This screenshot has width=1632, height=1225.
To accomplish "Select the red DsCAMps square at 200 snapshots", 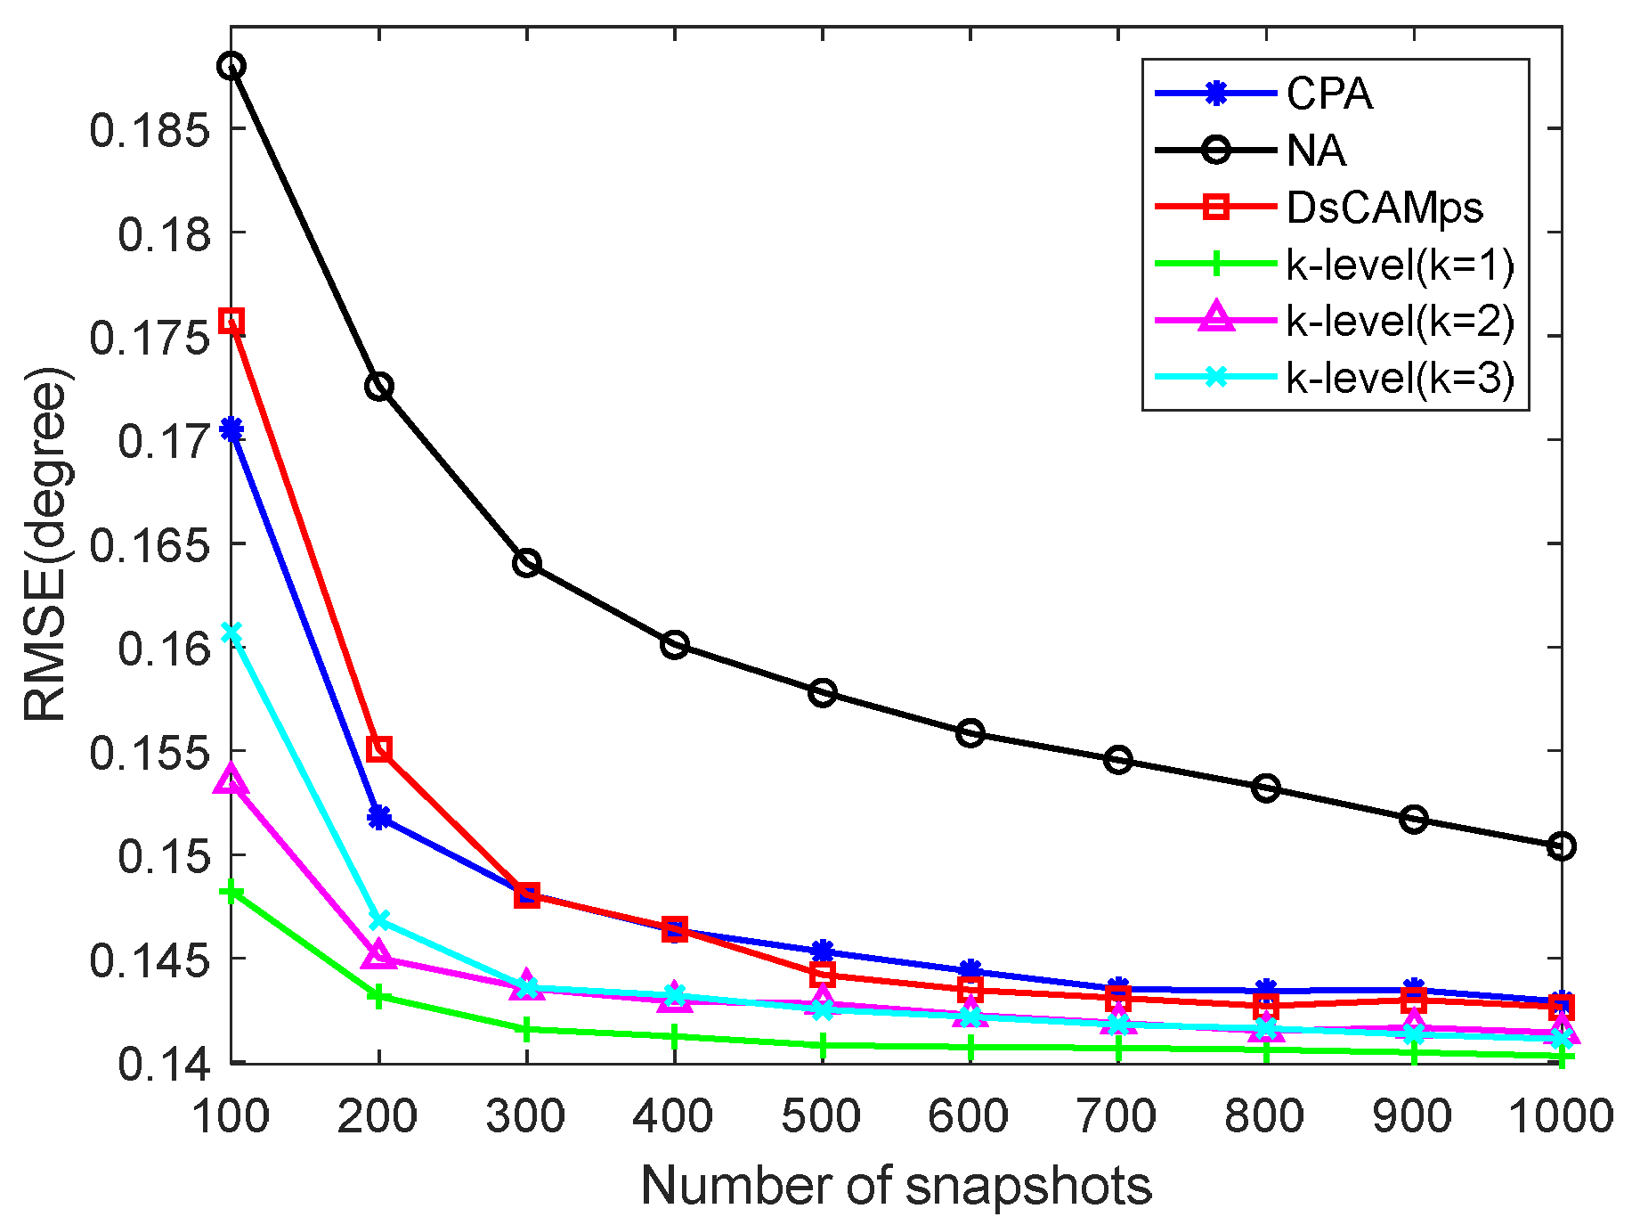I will [x=379, y=748].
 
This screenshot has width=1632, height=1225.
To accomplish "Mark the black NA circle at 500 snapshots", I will [x=823, y=692].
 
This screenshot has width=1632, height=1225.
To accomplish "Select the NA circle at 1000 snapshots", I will [x=1561, y=845].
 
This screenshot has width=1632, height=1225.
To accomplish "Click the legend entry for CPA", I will [x=1328, y=94].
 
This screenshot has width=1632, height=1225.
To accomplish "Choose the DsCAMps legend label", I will [x=1384, y=208].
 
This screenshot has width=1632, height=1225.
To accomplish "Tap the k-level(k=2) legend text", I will [x=1400, y=321].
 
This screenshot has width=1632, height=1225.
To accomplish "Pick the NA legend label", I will [x=1316, y=151].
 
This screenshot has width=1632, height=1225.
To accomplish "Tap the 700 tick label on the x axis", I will [x=1117, y=1115].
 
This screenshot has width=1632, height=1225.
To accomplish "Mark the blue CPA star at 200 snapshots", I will [x=379, y=817].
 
